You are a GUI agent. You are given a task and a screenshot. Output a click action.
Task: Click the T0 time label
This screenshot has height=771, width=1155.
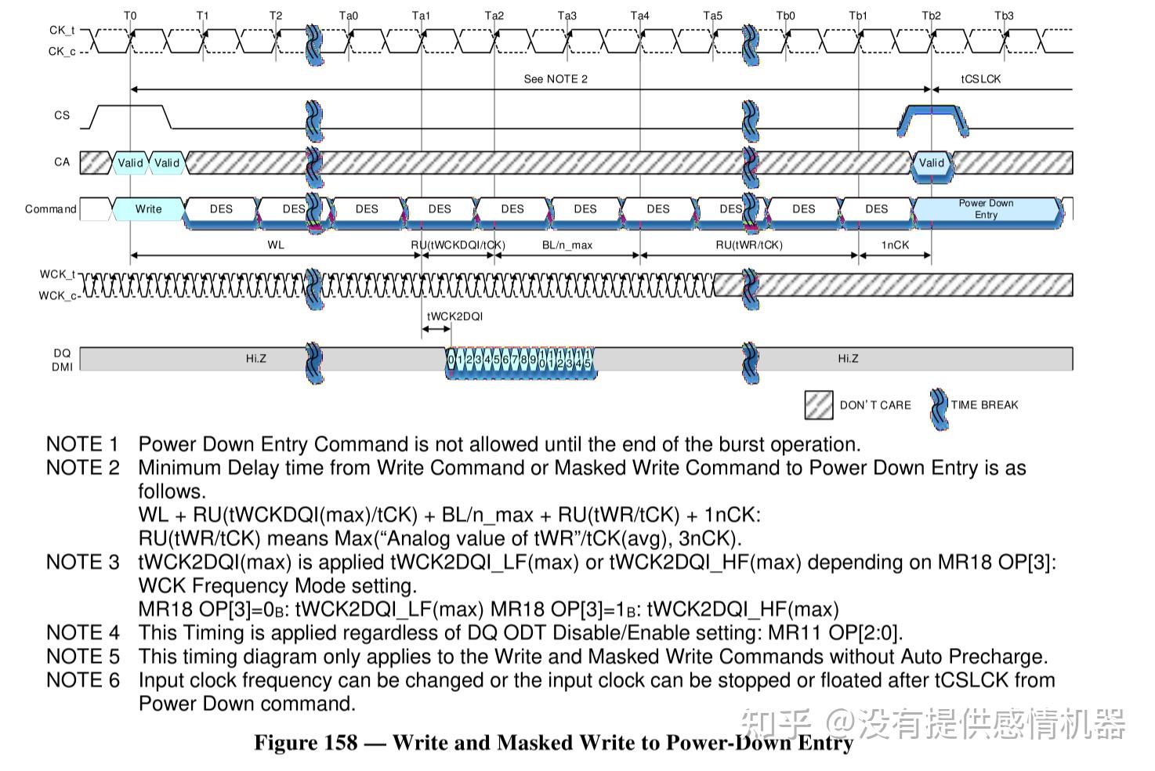click(130, 16)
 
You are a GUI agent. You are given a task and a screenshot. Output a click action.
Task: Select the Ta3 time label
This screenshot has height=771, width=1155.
click(567, 16)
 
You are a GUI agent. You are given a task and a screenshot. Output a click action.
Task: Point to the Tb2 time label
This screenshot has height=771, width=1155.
click(931, 16)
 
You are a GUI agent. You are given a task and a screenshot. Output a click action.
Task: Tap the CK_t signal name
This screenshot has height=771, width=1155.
click(62, 31)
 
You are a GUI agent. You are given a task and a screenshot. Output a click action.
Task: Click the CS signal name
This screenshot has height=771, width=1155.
click(62, 115)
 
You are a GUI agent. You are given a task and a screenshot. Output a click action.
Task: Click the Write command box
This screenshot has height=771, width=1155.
click(148, 209)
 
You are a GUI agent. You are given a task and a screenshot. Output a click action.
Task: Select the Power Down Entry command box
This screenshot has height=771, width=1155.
click(986, 209)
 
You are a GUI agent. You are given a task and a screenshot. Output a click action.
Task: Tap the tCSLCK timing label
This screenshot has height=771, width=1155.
click(980, 79)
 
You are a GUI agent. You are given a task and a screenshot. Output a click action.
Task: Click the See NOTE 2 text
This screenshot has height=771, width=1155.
click(555, 79)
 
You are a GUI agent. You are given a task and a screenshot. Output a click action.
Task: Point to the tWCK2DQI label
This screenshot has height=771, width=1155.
click(454, 317)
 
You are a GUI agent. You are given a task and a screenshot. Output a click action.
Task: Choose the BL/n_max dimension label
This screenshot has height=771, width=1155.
click(567, 245)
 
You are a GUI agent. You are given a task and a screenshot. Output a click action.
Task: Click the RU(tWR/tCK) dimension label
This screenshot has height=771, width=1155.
click(749, 245)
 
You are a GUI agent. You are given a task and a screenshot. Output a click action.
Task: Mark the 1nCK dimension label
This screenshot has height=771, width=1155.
click(895, 245)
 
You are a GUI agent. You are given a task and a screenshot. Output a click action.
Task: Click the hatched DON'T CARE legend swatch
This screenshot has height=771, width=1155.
click(818, 405)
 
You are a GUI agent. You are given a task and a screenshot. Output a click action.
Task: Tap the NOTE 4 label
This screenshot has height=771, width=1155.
click(82, 632)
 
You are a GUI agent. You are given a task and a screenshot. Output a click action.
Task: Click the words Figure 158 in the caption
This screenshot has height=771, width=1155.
click(306, 743)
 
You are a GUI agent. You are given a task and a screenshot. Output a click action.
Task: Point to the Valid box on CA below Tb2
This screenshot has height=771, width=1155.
click(931, 163)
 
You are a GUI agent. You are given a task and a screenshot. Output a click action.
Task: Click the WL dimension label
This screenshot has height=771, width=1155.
click(276, 245)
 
